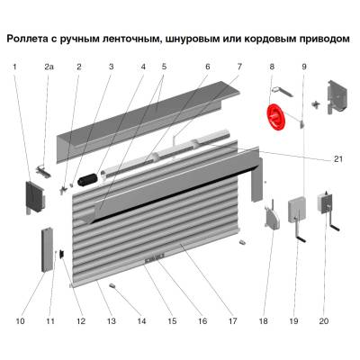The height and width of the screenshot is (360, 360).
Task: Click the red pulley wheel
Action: pyautogui.click(x=274, y=117)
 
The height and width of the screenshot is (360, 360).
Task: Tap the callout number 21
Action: pyautogui.click(x=338, y=159)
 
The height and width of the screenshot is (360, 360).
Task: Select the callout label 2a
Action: pyautogui.click(x=49, y=67)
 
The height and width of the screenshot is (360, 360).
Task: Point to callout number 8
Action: pyautogui.click(x=271, y=67)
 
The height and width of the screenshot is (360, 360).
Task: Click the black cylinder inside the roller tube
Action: pyautogui.click(x=88, y=181)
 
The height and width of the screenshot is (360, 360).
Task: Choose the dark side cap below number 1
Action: pyautogui.click(x=32, y=196)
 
